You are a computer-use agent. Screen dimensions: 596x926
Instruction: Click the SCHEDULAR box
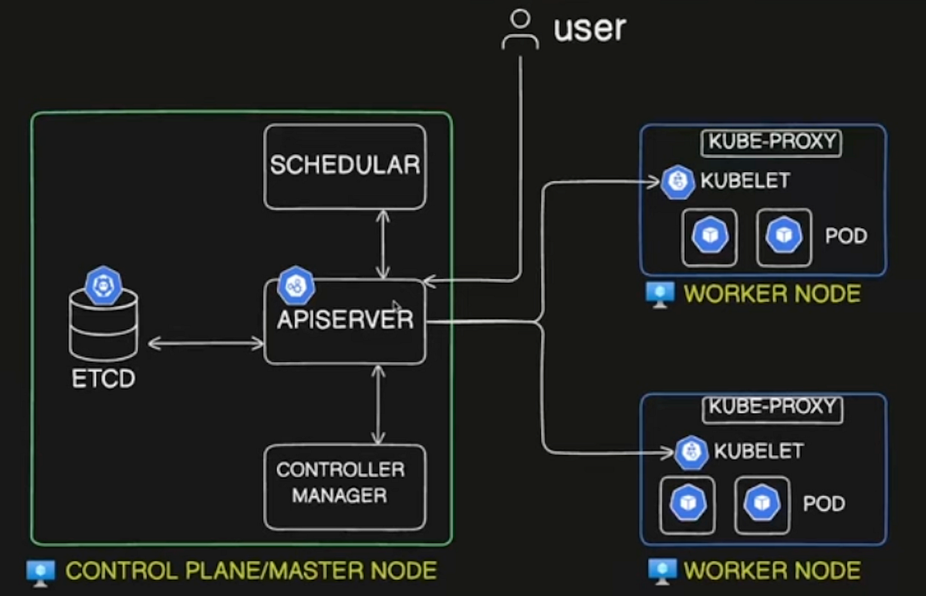[x=344, y=166]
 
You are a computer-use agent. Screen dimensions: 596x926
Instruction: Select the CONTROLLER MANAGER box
[x=344, y=486]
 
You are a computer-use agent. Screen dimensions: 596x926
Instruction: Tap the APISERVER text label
[x=345, y=319]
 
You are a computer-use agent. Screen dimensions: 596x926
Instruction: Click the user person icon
[x=519, y=30]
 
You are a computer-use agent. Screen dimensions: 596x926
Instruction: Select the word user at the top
[x=590, y=29]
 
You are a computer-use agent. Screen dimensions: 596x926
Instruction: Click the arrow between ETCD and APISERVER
[x=205, y=343]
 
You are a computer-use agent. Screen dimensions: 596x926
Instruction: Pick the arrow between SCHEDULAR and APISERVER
[x=381, y=244]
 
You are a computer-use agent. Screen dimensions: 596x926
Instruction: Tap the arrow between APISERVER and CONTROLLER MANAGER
[x=377, y=404]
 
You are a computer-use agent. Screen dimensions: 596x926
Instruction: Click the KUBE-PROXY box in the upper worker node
[x=770, y=143]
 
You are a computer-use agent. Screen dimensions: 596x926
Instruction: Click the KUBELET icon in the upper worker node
[x=678, y=182]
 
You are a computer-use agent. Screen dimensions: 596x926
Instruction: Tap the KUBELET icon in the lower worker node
[x=691, y=452]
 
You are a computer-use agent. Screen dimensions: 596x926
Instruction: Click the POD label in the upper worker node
[x=846, y=235]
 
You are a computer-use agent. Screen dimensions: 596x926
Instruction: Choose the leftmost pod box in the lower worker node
[x=687, y=505]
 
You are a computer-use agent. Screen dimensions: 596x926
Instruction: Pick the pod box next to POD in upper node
[x=783, y=236]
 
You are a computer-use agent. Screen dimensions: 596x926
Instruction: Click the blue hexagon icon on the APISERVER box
[x=296, y=286]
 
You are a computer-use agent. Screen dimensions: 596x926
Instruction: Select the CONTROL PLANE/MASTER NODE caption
[x=251, y=571]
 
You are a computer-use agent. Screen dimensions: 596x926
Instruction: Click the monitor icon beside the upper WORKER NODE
[x=660, y=295]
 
